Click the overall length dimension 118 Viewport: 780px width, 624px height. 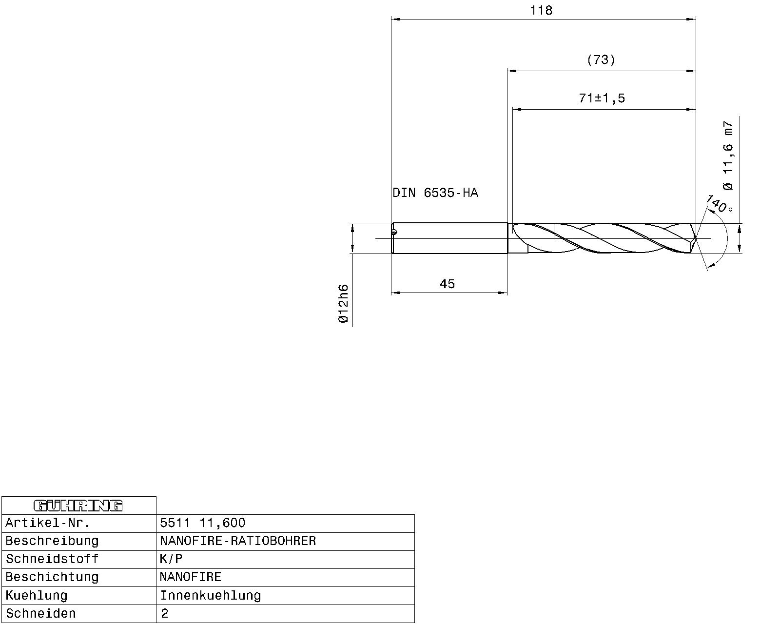[x=541, y=11]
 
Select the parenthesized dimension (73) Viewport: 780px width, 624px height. [x=601, y=60]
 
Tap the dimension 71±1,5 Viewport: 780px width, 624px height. [x=602, y=98]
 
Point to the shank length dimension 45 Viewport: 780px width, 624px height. [x=447, y=284]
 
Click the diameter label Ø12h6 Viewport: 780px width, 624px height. [x=343, y=304]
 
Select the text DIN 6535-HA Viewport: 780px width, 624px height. [x=435, y=193]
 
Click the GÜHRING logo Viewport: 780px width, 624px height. [x=78, y=506]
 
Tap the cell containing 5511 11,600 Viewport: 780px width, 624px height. [x=203, y=523]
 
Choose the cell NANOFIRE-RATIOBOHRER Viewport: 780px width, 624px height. [x=238, y=541]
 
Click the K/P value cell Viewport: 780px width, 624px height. [x=171, y=559]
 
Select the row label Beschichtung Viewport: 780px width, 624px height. [x=52, y=577]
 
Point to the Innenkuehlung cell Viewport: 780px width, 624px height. [x=211, y=595]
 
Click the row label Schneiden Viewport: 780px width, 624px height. [x=41, y=613]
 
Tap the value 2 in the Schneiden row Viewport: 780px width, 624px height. [x=165, y=613]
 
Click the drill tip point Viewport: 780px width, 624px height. [x=695, y=238]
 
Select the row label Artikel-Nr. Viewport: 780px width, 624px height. [x=48, y=523]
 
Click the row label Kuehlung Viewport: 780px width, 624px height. [x=37, y=595]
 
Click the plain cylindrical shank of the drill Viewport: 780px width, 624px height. [x=448, y=238]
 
